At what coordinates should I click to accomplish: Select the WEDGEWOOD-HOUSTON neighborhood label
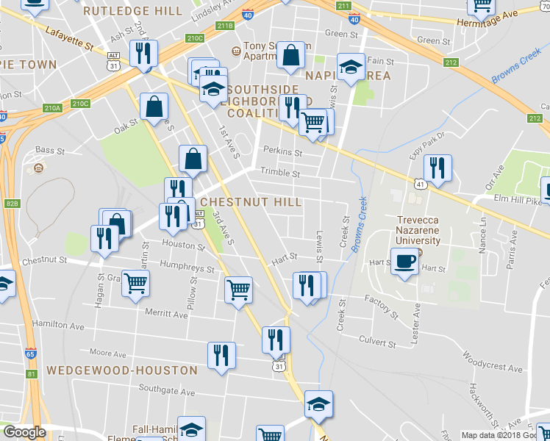[122, 370]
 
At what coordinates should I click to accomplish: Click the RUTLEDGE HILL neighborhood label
[132, 11]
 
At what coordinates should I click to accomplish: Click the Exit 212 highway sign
[450, 62]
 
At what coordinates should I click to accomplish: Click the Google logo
[24, 432]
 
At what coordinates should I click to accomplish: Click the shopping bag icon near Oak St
[156, 107]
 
